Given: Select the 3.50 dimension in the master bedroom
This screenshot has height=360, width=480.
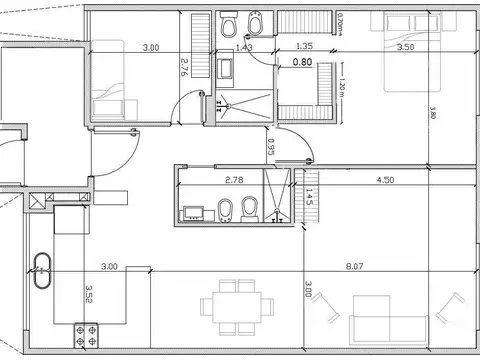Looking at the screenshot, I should (x=406, y=47).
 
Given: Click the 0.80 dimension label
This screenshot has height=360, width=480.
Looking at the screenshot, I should (x=301, y=63).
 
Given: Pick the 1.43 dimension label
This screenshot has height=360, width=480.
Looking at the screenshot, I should (x=243, y=47).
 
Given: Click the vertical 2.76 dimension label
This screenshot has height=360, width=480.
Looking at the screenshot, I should (x=185, y=68).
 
